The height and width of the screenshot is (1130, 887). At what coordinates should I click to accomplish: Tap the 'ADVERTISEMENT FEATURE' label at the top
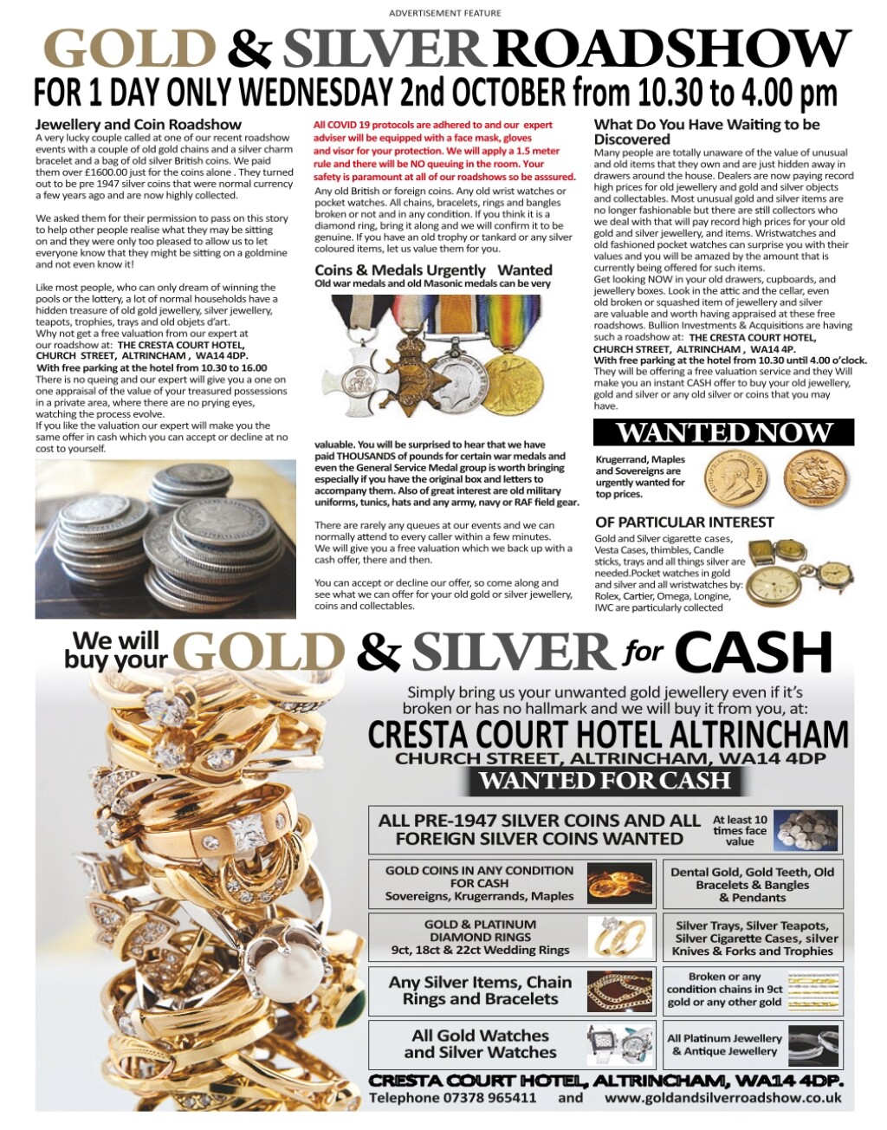[x=444, y=13]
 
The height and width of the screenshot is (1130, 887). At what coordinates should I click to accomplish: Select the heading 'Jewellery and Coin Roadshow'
[x=139, y=125]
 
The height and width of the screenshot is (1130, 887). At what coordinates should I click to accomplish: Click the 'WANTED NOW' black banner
[x=723, y=432]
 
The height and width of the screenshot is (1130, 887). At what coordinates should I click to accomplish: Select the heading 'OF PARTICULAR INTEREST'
[x=684, y=522]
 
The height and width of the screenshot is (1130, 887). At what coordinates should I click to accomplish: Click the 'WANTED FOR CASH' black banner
[x=605, y=781]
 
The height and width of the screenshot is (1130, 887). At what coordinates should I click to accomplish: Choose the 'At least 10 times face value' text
[x=740, y=829]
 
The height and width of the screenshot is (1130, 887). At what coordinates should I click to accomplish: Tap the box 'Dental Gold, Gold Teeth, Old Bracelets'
[x=752, y=885]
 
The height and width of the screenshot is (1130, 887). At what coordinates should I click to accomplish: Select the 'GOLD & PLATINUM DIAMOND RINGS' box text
[x=480, y=937]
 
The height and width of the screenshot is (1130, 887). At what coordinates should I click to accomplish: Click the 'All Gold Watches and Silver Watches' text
[x=480, y=1043]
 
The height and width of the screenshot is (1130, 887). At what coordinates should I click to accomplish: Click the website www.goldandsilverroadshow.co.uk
[x=723, y=1097]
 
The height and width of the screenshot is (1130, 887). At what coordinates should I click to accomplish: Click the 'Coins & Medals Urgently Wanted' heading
[x=433, y=270]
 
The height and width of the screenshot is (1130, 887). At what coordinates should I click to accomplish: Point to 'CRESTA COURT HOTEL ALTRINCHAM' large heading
[x=608, y=734]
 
